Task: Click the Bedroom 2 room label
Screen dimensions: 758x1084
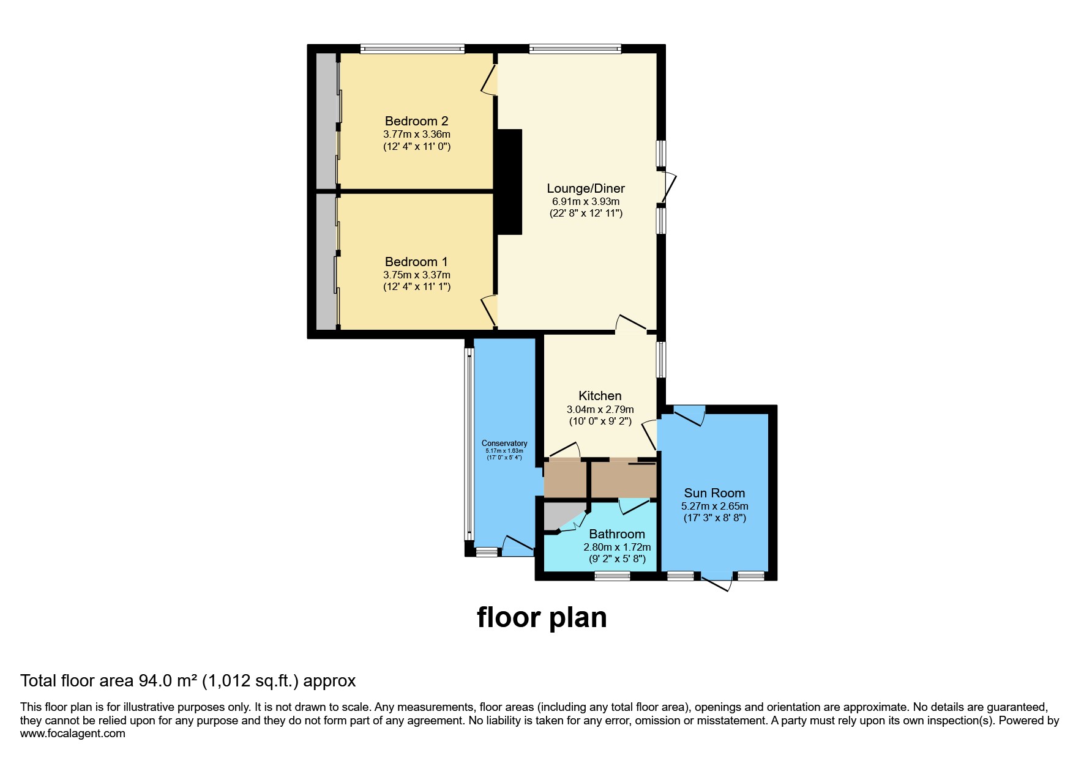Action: (x=416, y=121)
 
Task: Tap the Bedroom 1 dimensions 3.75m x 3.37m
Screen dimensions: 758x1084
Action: (x=416, y=275)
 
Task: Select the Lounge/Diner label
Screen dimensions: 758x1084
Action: (x=586, y=188)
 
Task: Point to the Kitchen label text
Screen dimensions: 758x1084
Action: (x=600, y=396)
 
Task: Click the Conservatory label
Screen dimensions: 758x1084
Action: (x=504, y=444)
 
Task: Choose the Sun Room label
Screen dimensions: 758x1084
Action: (x=714, y=493)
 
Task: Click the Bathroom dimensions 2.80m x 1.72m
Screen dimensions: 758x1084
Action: (x=617, y=547)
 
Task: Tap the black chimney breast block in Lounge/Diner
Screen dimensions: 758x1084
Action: (x=508, y=182)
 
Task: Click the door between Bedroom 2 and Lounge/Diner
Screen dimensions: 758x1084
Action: (x=490, y=81)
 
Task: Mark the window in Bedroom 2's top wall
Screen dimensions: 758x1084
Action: (x=412, y=49)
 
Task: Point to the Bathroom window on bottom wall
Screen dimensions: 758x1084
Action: (x=612, y=576)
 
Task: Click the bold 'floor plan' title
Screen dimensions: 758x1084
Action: (x=542, y=617)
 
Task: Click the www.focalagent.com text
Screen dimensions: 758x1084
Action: (x=72, y=734)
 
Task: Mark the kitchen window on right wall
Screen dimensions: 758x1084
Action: (x=661, y=359)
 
